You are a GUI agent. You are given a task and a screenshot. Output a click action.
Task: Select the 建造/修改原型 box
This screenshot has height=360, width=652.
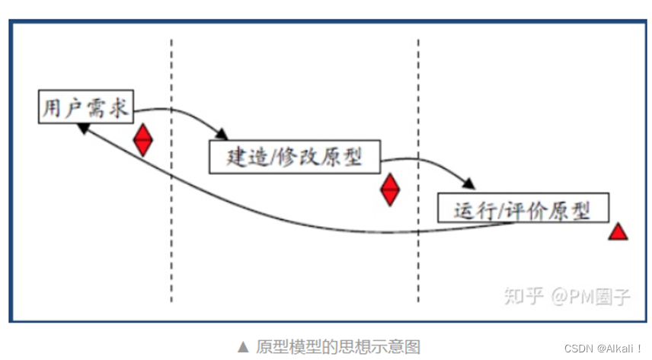(x=294, y=158)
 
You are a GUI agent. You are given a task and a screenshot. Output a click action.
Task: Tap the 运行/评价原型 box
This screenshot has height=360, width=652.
(x=523, y=208)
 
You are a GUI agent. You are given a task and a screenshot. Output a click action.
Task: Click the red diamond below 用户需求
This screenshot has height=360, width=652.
(x=143, y=140)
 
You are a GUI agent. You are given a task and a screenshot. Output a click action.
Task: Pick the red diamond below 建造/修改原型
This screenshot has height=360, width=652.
(x=390, y=190)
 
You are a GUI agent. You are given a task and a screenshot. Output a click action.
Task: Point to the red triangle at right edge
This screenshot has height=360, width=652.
(x=618, y=232)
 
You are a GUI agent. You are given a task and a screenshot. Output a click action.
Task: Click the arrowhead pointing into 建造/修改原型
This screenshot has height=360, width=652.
(x=222, y=135)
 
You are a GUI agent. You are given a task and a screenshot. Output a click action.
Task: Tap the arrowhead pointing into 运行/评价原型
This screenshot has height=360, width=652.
(x=469, y=184)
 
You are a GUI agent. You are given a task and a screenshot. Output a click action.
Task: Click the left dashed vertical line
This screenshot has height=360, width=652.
(x=171, y=228)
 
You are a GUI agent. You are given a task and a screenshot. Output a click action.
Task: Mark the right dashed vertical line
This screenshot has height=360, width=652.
(x=418, y=251)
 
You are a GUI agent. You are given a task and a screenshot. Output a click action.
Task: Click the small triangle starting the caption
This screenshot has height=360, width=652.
(x=244, y=346)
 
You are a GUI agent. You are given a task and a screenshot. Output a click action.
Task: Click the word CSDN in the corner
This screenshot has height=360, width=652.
(x=579, y=348)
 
